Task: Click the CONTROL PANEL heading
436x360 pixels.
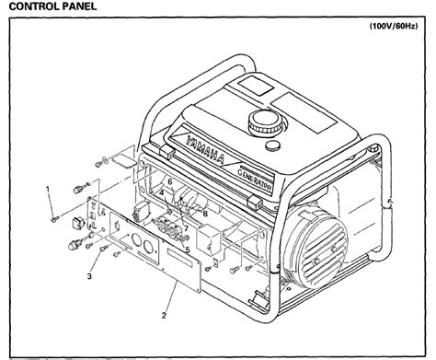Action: click(x=52, y=6)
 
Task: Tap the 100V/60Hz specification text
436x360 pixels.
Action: click(x=394, y=26)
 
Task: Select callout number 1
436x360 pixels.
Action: click(x=48, y=189)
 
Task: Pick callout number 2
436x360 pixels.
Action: click(x=164, y=315)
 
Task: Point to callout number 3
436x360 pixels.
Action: click(x=89, y=276)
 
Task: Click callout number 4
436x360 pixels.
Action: click(x=162, y=192)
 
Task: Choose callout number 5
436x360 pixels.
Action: click(x=188, y=250)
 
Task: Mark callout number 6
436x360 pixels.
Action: click(x=170, y=181)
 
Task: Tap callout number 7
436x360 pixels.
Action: click(x=186, y=228)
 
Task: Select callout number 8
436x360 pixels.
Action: click(x=205, y=213)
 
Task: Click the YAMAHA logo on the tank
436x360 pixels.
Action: click(x=205, y=149)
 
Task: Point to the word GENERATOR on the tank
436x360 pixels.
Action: click(x=255, y=180)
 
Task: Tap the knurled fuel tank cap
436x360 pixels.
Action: click(x=264, y=122)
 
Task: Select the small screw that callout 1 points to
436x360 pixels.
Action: click(x=55, y=219)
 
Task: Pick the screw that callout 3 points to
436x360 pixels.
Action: click(x=104, y=248)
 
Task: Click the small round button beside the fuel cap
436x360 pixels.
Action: click(x=272, y=145)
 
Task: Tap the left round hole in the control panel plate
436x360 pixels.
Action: click(x=136, y=239)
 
